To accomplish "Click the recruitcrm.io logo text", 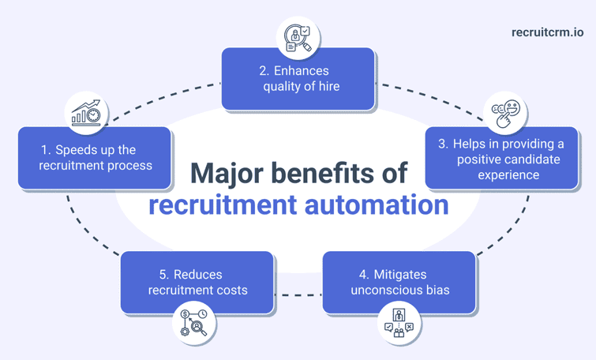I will click(x=547, y=32).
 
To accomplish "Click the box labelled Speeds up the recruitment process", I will click(x=95, y=158).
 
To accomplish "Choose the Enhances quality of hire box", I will click(x=298, y=78).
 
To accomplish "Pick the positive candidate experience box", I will click(x=501, y=158).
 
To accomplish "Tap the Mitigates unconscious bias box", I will click(x=399, y=282).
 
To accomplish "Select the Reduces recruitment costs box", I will click(x=197, y=282).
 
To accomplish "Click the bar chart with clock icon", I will click(x=87, y=114).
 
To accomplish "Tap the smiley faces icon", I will click(x=506, y=114).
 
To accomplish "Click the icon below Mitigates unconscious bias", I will click(x=399, y=324).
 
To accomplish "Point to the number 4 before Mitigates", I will click(x=363, y=275).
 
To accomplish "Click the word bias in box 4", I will click(x=436, y=290).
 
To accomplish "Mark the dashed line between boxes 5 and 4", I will click(x=298, y=295).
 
